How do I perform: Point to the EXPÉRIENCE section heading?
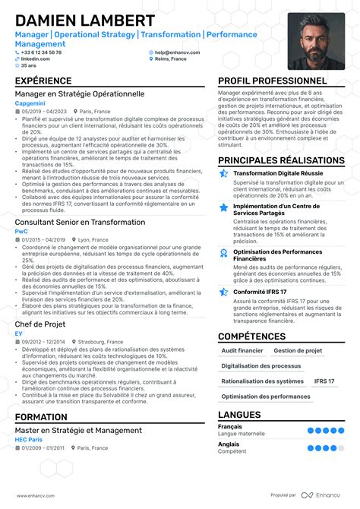[x=43, y=81]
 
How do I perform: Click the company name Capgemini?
[x=30, y=103]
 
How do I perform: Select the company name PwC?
[x=21, y=231]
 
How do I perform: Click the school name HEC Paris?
[x=29, y=440]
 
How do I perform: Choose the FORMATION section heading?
[x=42, y=417]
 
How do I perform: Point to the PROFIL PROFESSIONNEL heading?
[x=272, y=81]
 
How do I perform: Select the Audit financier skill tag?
[x=242, y=351]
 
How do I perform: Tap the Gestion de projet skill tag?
[x=298, y=351]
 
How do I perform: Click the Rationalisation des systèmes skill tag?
[x=262, y=381]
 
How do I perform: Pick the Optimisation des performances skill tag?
[x=266, y=397]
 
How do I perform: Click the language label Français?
[x=230, y=427]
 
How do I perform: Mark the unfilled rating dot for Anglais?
[x=342, y=448]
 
